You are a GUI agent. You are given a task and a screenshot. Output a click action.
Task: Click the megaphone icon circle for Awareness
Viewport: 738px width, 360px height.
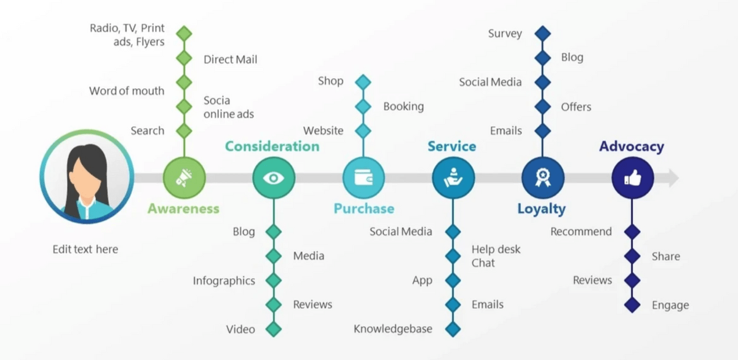184,178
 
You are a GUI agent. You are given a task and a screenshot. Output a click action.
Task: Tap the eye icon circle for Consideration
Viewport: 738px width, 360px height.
274,178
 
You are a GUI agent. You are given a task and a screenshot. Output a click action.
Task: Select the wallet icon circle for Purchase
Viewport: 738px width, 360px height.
363,178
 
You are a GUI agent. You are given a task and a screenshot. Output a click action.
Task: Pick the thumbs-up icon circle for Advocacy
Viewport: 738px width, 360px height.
632,178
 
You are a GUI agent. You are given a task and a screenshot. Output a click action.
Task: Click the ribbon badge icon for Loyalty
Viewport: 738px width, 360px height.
542,178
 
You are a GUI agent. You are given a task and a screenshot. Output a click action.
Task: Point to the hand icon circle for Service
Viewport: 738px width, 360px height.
453,178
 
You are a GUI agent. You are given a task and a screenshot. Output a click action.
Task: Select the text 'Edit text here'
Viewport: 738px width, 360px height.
85,249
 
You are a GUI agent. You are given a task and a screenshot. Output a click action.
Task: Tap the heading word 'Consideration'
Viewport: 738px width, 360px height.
272,146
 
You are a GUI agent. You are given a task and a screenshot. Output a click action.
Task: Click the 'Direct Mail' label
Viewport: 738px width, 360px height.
231,60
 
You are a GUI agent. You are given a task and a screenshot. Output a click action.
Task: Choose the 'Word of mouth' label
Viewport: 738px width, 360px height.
127,91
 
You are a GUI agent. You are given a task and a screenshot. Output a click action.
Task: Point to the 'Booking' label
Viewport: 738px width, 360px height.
403,106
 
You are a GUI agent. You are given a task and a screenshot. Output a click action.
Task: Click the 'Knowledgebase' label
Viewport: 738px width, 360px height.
393,329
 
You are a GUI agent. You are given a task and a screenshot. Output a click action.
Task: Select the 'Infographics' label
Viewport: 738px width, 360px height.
224,281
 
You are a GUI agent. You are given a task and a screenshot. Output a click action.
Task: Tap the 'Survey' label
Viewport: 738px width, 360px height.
505,33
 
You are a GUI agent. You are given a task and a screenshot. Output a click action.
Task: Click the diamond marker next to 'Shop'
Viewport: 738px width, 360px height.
363,82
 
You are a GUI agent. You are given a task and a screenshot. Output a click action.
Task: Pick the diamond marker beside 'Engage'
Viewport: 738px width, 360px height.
632,305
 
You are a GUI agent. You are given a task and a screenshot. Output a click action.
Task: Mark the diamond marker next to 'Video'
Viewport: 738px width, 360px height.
274,329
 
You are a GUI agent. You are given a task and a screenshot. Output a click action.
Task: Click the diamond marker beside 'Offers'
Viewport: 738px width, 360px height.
542,106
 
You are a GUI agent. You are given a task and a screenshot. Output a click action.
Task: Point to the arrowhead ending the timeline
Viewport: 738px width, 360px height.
673,178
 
